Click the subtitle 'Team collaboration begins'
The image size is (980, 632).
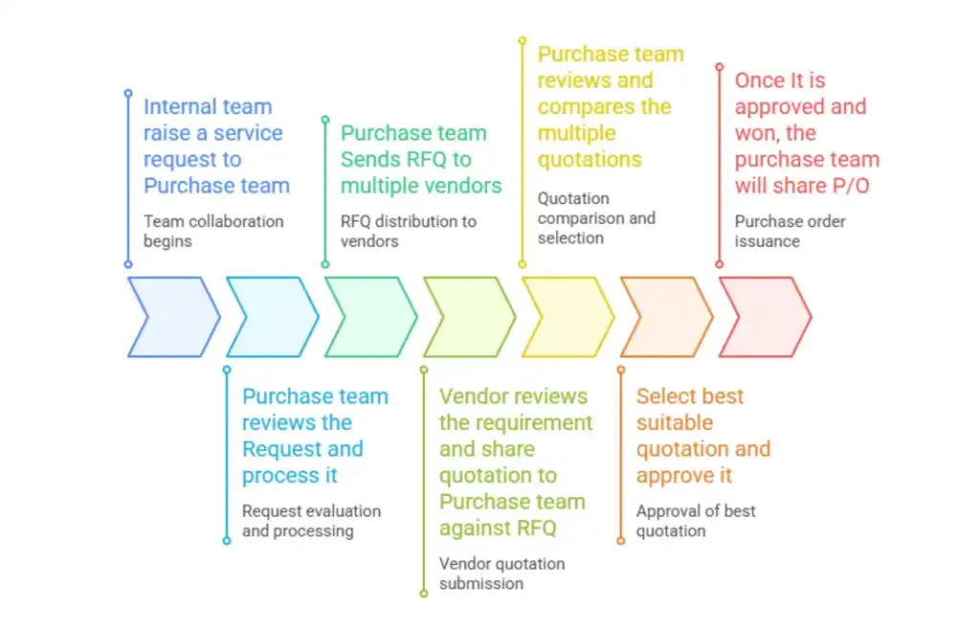213,231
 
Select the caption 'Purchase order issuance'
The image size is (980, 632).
789,231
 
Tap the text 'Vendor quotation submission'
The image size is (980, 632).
501,574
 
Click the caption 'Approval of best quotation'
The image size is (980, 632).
696,520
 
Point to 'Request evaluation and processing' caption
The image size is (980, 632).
311,521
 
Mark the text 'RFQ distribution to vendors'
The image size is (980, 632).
409,231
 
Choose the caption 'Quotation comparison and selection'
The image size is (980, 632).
596,218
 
